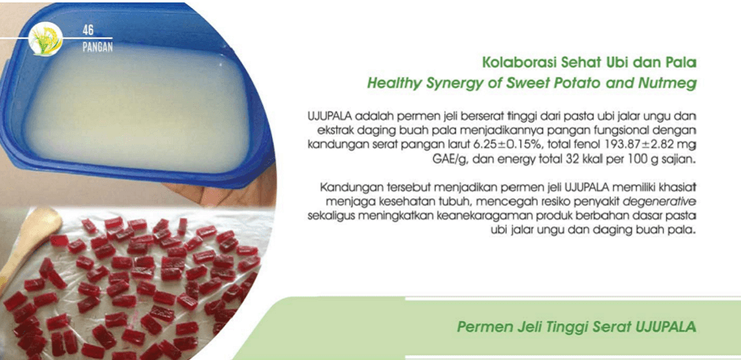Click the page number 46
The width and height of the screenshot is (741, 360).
pos(88,31)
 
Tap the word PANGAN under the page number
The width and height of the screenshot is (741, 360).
pos(98,48)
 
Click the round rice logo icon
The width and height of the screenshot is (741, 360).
pos(46,40)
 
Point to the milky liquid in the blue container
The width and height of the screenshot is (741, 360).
pos(136,108)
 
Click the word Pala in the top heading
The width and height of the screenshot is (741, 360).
pos(683,63)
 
